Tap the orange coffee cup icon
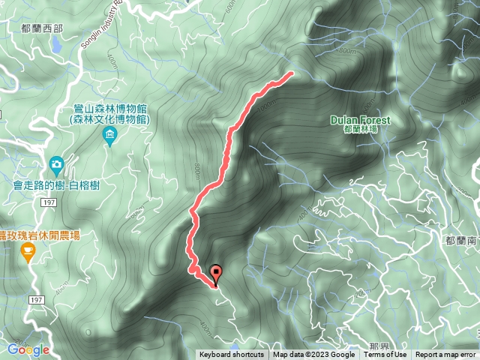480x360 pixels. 28,253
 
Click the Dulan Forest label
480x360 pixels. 361,119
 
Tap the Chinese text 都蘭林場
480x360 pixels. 361,129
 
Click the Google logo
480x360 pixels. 28,349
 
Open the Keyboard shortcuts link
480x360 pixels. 231,355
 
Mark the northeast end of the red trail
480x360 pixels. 290,73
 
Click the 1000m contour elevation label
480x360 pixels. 263,107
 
